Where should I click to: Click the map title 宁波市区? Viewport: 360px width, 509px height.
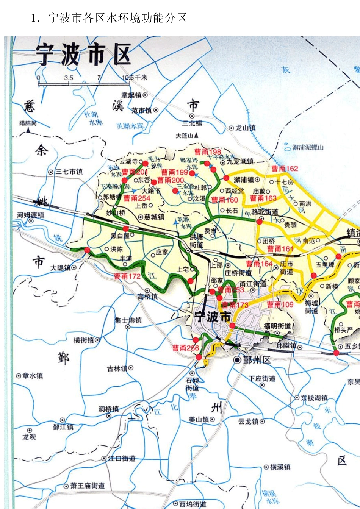(83, 55)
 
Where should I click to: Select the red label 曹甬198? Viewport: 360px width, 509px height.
(208, 152)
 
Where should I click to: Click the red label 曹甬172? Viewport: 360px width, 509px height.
(127, 276)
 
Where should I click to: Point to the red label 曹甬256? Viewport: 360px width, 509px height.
(186, 348)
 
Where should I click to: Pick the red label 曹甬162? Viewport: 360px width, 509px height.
(285, 169)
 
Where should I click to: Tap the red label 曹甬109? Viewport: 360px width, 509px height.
(280, 304)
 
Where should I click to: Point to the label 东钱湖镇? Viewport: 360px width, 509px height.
(314, 398)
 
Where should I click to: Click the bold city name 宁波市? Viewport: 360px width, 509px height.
(212, 317)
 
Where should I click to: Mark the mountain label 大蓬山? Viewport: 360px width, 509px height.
(185, 136)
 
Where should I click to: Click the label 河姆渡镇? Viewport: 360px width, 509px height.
(31, 215)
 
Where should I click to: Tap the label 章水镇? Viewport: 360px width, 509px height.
(33, 376)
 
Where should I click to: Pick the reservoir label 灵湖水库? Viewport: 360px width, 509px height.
(130, 126)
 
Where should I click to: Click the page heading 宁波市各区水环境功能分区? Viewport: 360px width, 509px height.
(117, 18)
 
